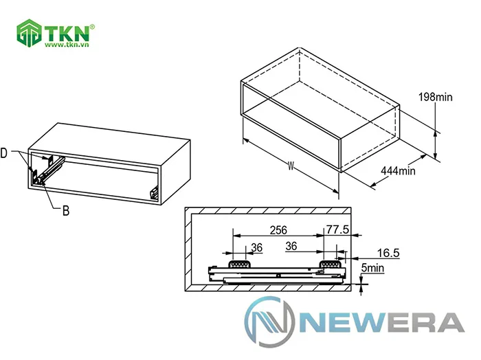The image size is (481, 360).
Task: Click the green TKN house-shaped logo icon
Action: coord(30,34)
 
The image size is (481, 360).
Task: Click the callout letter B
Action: coord(65,211)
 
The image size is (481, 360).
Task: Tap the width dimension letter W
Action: coord(291,166)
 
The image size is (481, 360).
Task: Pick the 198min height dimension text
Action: coord(435,98)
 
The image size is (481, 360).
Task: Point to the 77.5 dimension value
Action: coord(338,229)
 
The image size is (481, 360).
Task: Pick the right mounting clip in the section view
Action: coord(333,262)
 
